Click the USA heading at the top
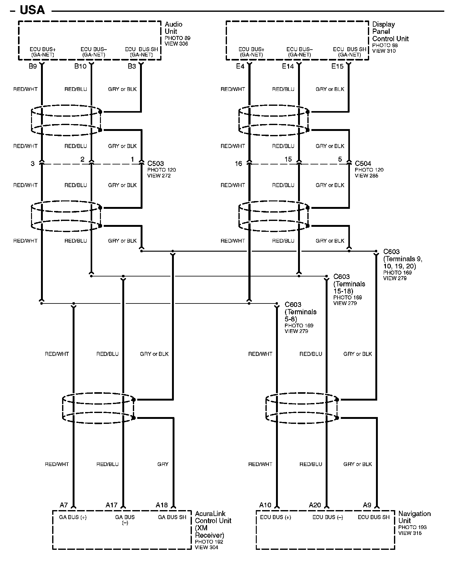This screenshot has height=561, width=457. click(32, 10)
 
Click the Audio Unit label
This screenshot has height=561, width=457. click(174, 28)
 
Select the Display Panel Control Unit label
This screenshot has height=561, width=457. click(390, 31)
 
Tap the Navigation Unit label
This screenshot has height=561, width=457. click(414, 517)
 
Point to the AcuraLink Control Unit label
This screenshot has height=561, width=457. click(213, 524)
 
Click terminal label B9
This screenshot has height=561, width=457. click(33, 66)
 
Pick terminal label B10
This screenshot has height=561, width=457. click(80, 66)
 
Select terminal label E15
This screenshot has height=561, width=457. click(337, 66)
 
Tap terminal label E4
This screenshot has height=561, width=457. click(240, 66)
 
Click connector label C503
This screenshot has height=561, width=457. click(156, 163)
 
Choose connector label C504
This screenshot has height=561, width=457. click(363, 163)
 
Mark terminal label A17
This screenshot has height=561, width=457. click(111, 505)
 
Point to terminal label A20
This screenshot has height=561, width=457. click(315, 505)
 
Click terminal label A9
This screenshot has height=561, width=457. click(367, 505)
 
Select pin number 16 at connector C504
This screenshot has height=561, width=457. click(238, 164)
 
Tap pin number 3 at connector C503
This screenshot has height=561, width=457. click(33, 164)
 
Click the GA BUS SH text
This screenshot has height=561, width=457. click(172, 517)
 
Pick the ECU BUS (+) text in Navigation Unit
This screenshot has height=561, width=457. click(276, 517)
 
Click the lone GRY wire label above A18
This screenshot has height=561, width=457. click(163, 464)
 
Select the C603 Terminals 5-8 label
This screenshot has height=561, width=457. click(300, 312)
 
